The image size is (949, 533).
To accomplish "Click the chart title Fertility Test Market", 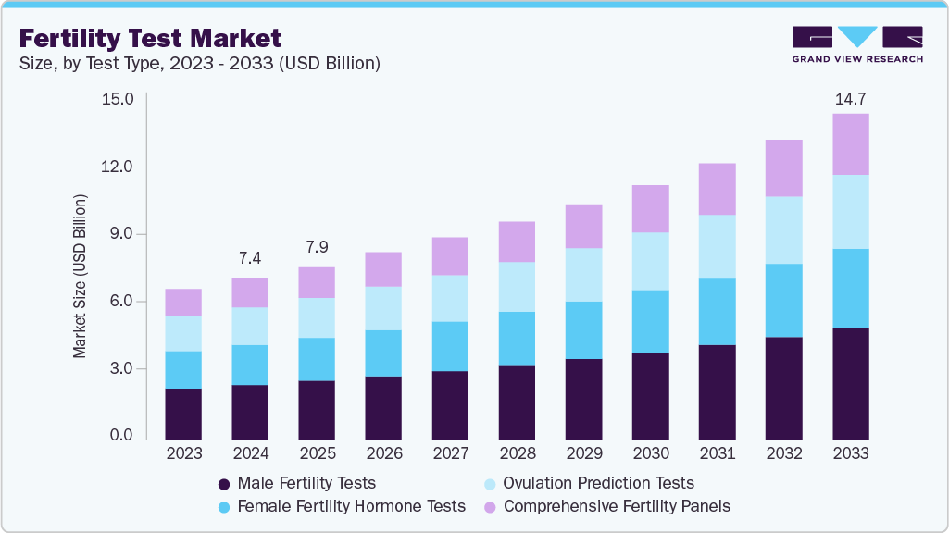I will (x=150, y=39).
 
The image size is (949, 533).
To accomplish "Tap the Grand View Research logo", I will (x=856, y=44).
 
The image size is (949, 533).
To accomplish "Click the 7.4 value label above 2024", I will (x=250, y=257).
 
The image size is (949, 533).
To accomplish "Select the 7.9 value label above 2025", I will (x=317, y=248).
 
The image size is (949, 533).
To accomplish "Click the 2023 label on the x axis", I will (x=183, y=453).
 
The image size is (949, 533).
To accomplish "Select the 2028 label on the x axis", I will (x=517, y=453).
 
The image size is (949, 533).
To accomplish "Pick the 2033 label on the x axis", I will (x=850, y=453).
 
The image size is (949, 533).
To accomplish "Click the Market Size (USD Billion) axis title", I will (x=81, y=277).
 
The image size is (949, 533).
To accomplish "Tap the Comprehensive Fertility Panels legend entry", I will (x=607, y=506).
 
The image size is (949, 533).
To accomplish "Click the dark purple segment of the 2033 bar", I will (x=850, y=383).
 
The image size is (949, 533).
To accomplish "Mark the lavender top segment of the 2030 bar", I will (x=650, y=208).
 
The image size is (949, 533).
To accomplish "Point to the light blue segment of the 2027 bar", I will (x=450, y=298).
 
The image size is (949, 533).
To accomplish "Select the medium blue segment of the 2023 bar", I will (x=183, y=369).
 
